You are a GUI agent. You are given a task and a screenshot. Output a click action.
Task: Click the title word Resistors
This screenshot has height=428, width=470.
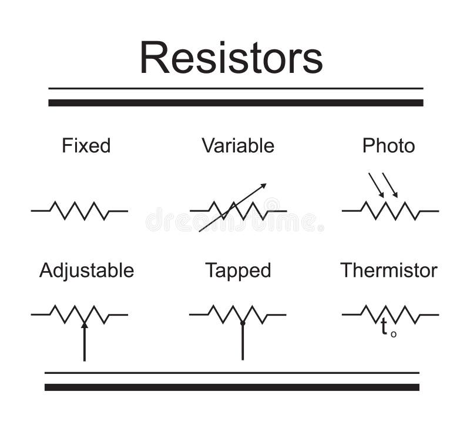click(231, 58)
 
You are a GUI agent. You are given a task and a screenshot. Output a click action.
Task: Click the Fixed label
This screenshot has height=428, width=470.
click(86, 146)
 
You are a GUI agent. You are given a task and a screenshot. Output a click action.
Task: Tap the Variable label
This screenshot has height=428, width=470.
click(238, 146)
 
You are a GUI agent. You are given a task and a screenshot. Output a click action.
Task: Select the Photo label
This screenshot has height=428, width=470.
click(388, 146)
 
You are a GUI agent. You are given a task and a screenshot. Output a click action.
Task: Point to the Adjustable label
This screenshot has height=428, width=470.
click(86, 270)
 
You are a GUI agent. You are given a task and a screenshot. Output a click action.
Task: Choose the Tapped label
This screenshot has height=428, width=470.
click(238, 270)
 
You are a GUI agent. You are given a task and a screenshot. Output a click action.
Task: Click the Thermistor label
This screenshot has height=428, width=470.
click(388, 270)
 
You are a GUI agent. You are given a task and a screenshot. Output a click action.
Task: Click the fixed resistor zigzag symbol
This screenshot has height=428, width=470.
click(79, 210)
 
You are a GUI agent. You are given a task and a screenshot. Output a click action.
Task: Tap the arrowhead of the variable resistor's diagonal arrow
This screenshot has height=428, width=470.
click(263, 186)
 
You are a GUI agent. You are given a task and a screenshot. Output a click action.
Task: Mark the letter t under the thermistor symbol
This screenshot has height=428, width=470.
click(384, 327)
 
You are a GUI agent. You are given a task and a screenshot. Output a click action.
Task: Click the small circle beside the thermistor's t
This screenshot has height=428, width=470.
click(394, 334)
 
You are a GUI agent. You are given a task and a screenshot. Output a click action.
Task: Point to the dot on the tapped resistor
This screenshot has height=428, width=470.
click(243, 323)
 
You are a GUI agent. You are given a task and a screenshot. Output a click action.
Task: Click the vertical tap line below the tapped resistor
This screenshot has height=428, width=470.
click(243, 344)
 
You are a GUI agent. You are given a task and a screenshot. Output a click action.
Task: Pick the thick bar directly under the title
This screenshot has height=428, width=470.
click(235, 103)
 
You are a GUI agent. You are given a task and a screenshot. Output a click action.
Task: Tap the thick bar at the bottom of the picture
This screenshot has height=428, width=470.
click(232, 387)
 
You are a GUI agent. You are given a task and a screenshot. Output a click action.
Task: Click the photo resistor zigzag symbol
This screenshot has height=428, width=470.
click(390, 210)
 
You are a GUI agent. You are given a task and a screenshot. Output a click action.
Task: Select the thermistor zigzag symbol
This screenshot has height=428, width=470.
click(390, 315)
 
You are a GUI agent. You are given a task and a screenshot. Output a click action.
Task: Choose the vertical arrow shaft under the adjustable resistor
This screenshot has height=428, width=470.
click(85, 346)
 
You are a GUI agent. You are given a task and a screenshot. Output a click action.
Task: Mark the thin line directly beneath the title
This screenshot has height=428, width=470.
click(235, 88)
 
